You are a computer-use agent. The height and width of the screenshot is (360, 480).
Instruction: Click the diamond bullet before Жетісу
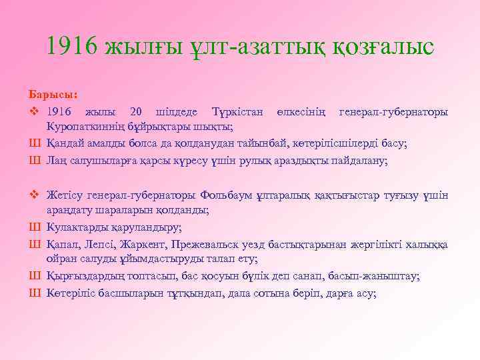click(x=35, y=195)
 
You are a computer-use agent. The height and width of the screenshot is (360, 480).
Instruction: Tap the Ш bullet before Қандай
click(x=35, y=143)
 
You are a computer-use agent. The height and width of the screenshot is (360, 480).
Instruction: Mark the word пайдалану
click(x=359, y=161)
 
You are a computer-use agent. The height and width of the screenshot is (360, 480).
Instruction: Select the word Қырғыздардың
click(x=86, y=275)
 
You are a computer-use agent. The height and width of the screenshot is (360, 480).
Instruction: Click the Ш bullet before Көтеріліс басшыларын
click(x=35, y=291)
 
